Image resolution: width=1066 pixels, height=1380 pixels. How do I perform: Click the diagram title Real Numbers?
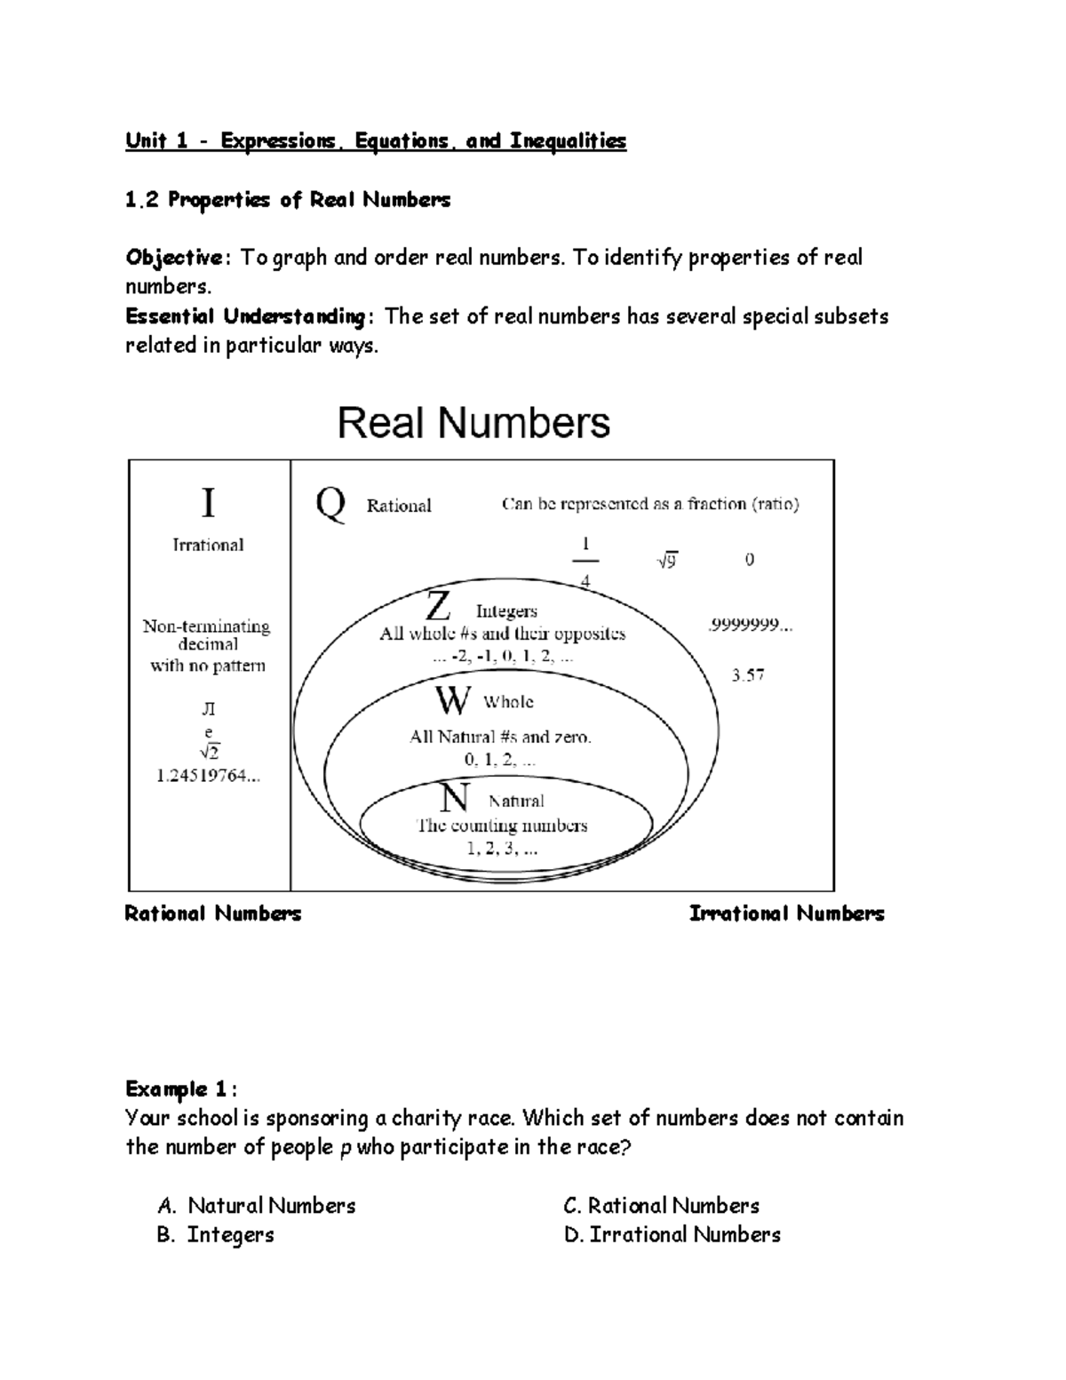coord(473,423)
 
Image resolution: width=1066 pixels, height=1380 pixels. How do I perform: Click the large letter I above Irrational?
coord(208,504)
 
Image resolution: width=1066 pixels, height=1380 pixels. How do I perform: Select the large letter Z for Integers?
coord(438,608)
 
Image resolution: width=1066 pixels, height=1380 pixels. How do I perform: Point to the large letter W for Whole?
coord(451,701)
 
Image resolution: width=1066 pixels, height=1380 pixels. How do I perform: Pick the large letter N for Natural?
coord(455,797)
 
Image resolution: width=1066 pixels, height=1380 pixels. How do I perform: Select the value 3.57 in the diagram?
coord(748,675)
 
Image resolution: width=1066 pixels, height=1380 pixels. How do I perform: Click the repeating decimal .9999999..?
coord(750,626)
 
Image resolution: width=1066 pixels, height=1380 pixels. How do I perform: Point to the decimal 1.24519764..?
coord(208,776)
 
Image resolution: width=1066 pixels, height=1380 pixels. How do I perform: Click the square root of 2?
coord(209,753)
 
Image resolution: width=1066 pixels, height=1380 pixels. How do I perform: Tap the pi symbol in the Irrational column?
coord(208,709)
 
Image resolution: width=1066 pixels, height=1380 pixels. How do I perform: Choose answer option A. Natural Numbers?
coord(257,1206)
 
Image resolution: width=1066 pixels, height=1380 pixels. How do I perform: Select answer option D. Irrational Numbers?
coord(672,1234)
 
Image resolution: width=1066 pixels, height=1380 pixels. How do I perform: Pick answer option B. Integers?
coord(216,1234)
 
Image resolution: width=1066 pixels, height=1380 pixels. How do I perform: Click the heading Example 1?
coord(180,1089)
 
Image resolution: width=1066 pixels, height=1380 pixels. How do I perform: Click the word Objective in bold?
coord(175,258)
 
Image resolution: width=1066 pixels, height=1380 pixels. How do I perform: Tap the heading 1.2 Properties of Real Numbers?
coord(288,200)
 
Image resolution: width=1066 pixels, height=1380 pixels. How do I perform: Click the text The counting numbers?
coord(503,826)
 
